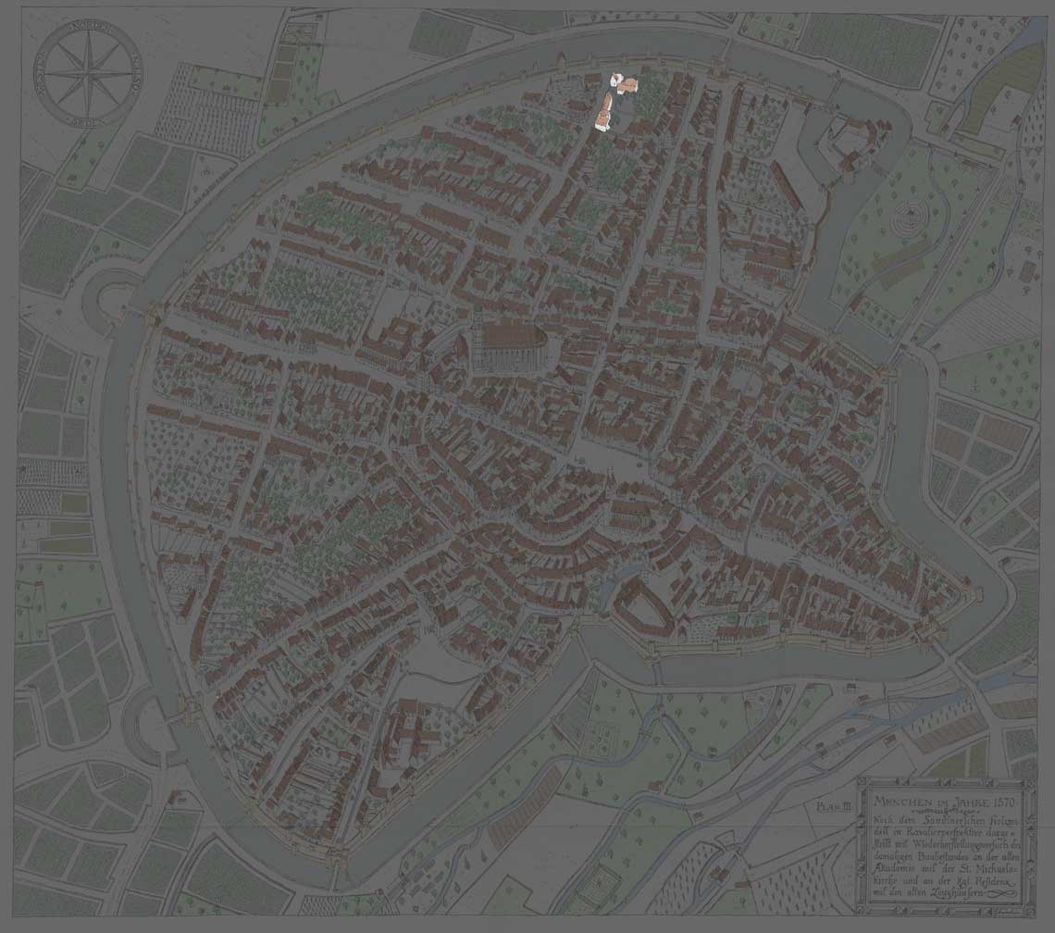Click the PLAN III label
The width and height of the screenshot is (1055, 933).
coord(833,806)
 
